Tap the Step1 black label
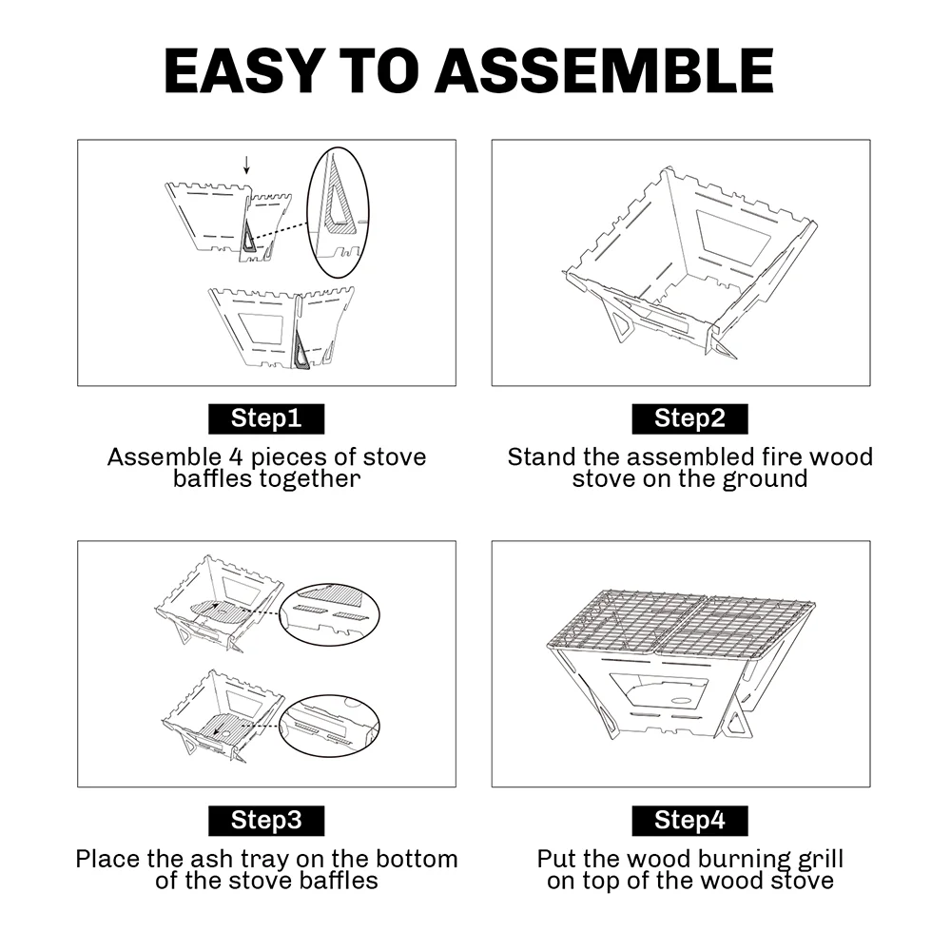point(266,418)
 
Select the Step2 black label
point(689,418)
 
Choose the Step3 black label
point(266,821)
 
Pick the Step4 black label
point(689,821)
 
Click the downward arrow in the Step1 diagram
point(246,165)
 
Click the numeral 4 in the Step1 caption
point(236,456)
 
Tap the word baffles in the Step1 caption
point(212,478)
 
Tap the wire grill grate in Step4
point(681,623)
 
